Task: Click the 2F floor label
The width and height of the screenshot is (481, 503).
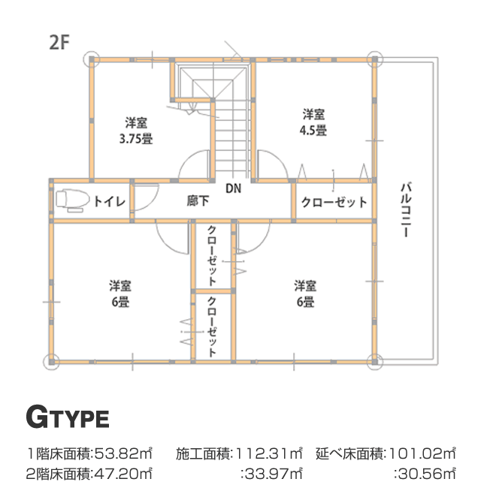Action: (x=59, y=42)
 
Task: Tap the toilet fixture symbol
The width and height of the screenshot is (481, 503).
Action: (x=73, y=200)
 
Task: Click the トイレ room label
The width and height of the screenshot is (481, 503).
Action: (x=109, y=201)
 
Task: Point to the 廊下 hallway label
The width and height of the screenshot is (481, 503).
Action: (x=198, y=201)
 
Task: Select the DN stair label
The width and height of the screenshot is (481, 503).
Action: (x=234, y=188)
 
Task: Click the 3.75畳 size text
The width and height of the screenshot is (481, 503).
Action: (x=136, y=139)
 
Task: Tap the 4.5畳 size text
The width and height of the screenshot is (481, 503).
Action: (x=313, y=131)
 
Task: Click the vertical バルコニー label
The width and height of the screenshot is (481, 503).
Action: (x=406, y=209)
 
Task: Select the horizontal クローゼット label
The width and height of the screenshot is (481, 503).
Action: (x=334, y=202)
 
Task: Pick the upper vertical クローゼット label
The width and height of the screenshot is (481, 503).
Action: (x=212, y=256)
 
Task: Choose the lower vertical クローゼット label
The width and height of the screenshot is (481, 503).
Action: (x=212, y=327)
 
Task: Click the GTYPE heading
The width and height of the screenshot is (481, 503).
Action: (x=68, y=417)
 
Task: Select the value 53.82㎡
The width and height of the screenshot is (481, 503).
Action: (x=123, y=453)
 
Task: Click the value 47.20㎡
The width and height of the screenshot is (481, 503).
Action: (x=123, y=474)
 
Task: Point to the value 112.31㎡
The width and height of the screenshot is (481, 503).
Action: (x=269, y=453)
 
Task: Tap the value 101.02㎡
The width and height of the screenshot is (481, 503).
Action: (x=422, y=453)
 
